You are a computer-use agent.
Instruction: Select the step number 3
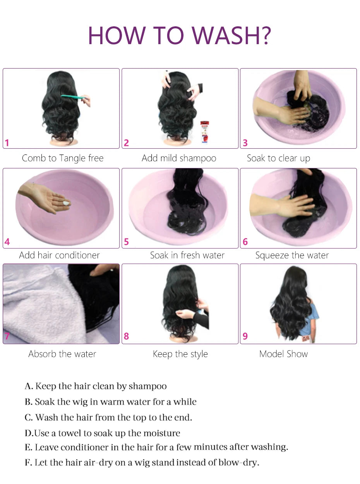245,143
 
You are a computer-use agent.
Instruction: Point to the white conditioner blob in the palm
67,203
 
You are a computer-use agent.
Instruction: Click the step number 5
126,242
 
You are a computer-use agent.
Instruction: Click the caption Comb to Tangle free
63,158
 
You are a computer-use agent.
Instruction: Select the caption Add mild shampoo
179,158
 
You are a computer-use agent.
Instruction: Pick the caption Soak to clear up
278,158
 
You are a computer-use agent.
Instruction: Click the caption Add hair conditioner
59,255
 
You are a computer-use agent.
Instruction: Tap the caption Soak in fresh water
187,255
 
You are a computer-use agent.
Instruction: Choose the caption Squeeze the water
292,255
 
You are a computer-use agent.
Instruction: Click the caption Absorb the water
62,354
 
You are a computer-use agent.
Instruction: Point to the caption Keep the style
180,354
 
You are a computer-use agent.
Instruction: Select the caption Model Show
283,354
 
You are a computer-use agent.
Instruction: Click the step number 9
245,336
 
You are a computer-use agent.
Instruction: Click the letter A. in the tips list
29,386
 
